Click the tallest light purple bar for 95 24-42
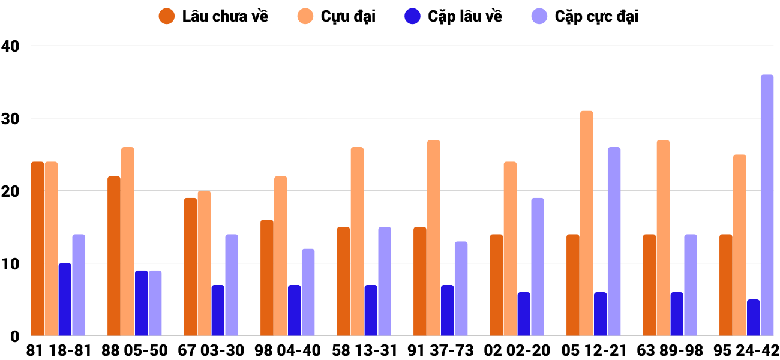point(767,205)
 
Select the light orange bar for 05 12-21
point(587,223)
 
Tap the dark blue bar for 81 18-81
point(65,299)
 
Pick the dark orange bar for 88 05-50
point(114,256)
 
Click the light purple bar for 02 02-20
point(538,267)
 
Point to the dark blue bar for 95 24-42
point(753,317)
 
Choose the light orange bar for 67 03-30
point(204,263)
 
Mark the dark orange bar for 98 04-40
point(267,278)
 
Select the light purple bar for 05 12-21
point(614,241)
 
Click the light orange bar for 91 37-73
point(434,238)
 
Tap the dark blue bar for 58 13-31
point(371,310)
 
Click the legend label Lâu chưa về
point(225,16)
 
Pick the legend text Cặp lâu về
point(465,16)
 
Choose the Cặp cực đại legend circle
point(540,16)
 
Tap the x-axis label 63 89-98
point(671,350)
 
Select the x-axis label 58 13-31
point(365,350)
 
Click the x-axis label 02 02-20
point(518,350)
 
